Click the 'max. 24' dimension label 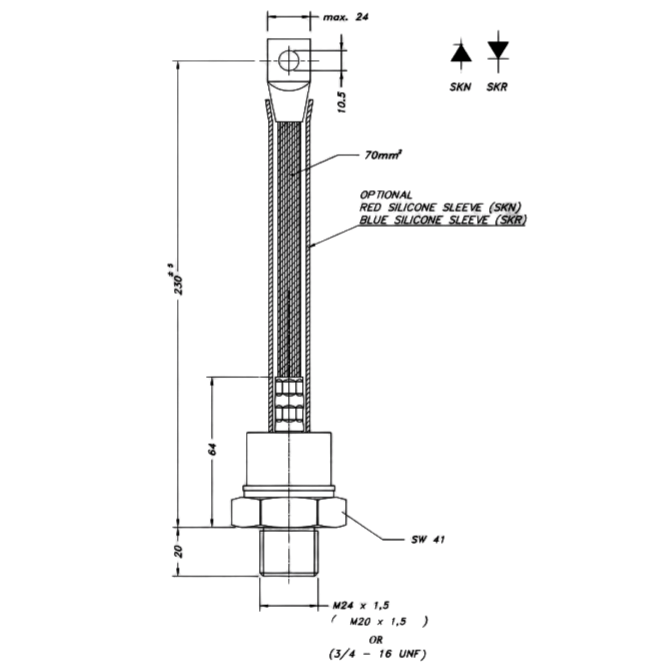coord(345,17)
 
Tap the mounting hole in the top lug coord(288,61)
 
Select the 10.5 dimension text coord(341,102)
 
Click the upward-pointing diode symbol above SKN coord(461,54)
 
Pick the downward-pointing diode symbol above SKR coord(498,51)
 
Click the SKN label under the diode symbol coord(460,87)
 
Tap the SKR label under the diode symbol coord(497,87)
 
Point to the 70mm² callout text coord(383,155)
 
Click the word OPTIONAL coord(386,195)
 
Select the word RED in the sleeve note coord(370,207)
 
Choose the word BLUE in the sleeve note coord(373,220)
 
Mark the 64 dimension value coord(212,449)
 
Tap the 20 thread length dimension coord(178,552)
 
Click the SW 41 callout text coord(428,539)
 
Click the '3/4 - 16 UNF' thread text coord(377,654)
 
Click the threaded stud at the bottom coord(288,552)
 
